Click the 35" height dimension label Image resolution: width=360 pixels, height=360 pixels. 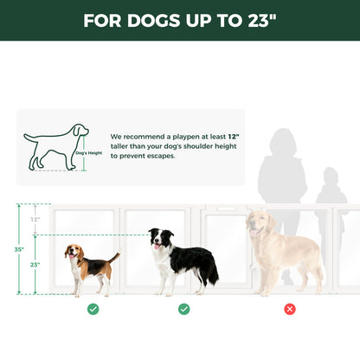[20, 248]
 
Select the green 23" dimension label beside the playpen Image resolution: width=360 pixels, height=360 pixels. [34, 264]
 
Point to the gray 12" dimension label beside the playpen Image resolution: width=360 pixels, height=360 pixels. [35, 220]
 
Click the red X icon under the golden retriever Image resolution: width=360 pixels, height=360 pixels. [290, 309]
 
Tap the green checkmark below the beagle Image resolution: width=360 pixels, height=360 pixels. [93, 309]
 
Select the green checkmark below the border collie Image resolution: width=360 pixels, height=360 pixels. [184, 309]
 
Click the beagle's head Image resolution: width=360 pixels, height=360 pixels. [74, 254]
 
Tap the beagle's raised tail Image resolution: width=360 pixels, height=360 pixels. [115, 257]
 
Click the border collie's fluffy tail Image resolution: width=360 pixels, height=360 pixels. [210, 274]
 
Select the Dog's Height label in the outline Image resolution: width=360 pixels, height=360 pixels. [87, 152]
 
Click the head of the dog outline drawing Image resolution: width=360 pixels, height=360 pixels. [80, 132]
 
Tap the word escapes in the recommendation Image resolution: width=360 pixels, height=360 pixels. [161, 157]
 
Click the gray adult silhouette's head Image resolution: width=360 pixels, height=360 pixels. [282, 142]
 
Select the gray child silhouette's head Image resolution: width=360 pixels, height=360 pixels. [329, 177]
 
